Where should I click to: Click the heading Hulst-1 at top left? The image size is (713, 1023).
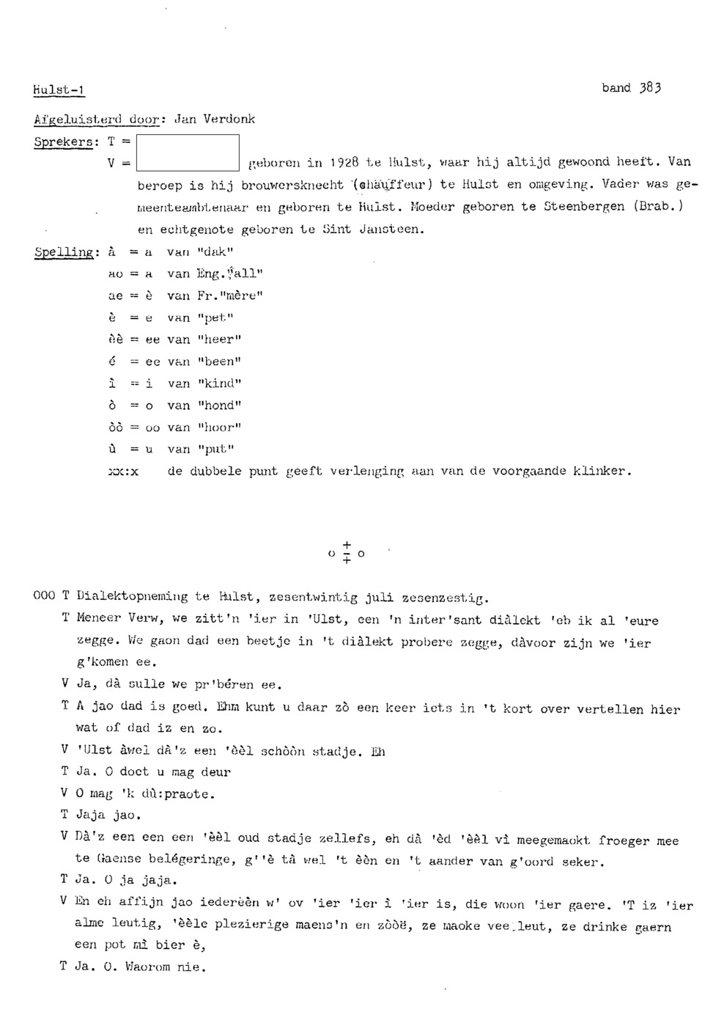[59, 90]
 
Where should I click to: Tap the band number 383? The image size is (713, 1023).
[649, 88]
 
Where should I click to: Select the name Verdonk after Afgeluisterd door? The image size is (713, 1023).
[229, 119]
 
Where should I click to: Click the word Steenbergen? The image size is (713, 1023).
[584, 207]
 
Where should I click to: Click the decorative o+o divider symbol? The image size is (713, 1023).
[347, 553]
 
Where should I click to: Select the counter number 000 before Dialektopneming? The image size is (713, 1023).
[44, 596]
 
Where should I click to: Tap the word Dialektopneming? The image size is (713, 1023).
[132, 597]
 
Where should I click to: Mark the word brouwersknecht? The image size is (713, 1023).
[292, 185]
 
